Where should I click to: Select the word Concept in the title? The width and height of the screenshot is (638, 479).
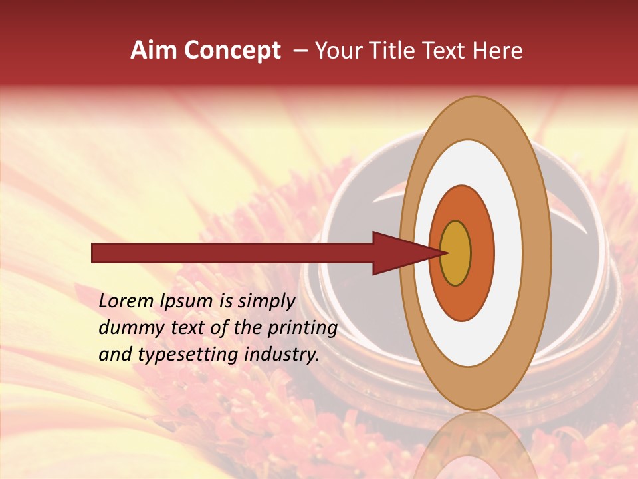pyautogui.click(x=233, y=51)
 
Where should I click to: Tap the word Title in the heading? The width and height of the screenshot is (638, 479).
pyautogui.click(x=391, y=51)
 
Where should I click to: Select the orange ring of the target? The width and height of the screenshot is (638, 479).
pyautogui.click(x=482, y=253)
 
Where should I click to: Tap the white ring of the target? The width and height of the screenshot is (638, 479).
pyautogui.click(x=508, y=253)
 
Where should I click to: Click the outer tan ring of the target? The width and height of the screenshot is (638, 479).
pyautogui.click(x=538, y=253)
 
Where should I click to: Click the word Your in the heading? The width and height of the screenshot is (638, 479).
pyautogui.click(x=336, y=51)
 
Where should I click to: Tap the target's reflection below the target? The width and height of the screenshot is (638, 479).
pyautogui.click(x=475, y=446)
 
